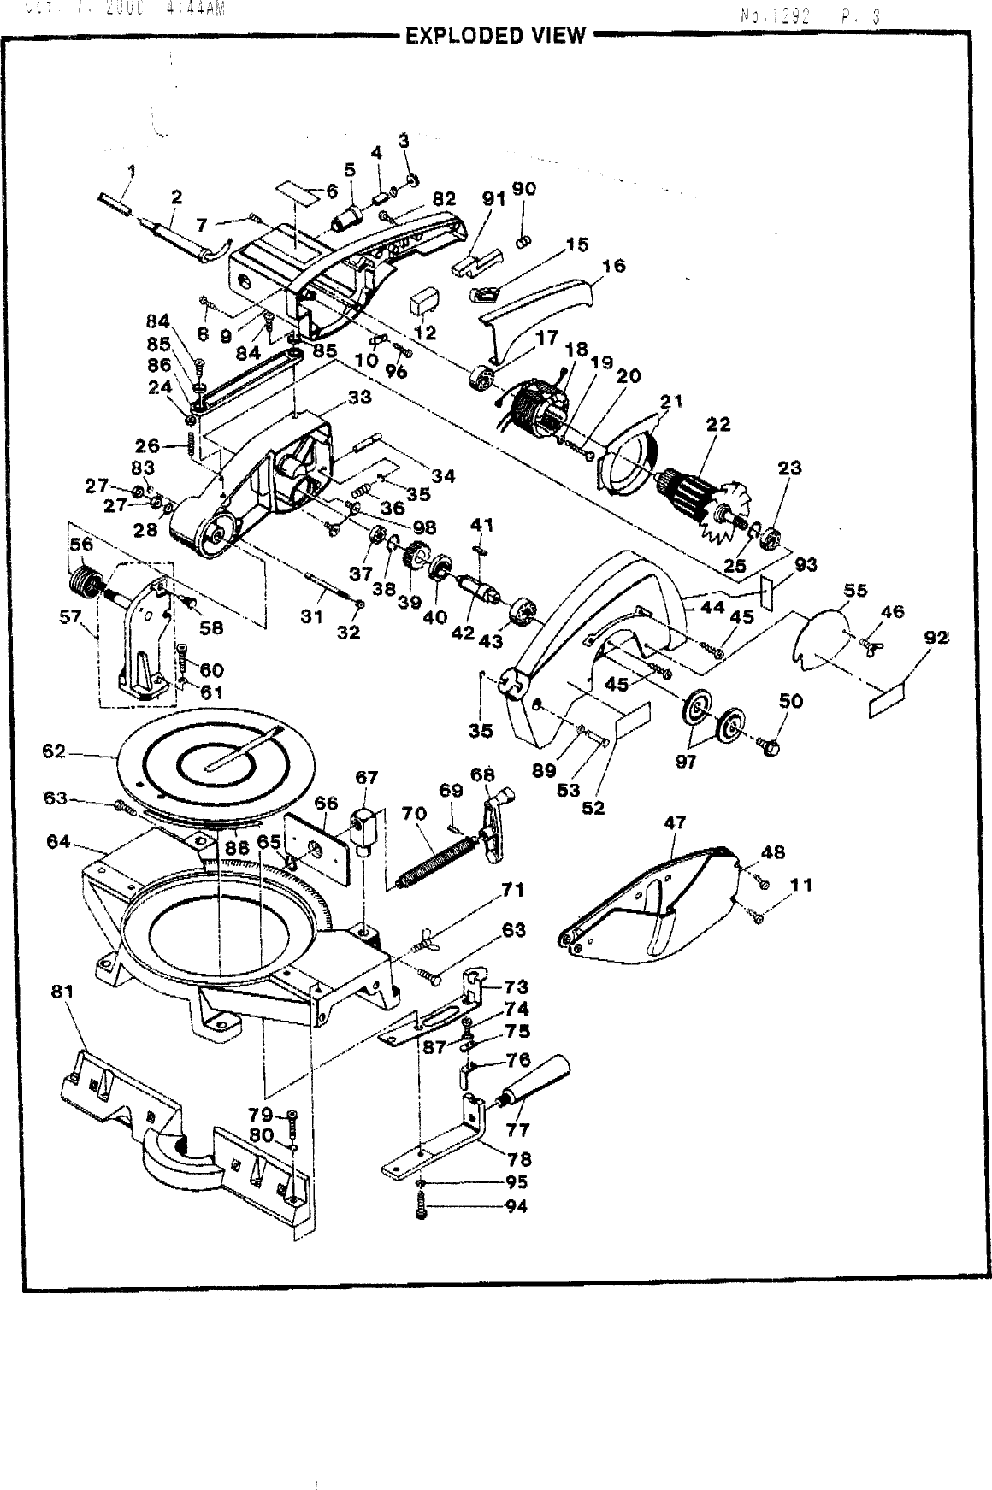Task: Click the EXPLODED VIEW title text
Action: pyautogui.click(x=495, y=36)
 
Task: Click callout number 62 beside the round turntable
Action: pyautogui.click(x=54, y=752)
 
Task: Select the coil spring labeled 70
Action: pyautogui.click(x=436, y=863)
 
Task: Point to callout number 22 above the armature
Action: pyautogui.click(x=718, y=425)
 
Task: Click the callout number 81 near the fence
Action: pyautogui.click(x=62, y=992)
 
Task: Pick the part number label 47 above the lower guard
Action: pyautogui.click(x=675, y=823)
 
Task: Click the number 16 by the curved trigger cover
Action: pyautogui.click(x=613, y=266)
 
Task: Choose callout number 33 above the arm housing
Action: pyautogui.click(x=359, y=398)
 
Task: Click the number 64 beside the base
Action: pyautogui.click(x=58, y=841)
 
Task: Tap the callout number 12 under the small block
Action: pyautogui.click(x=425, y=332)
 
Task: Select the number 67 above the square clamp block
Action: pyautogui.click(x=366, y=777)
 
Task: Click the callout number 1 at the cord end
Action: pyautogui.click(x=130, y=171)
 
